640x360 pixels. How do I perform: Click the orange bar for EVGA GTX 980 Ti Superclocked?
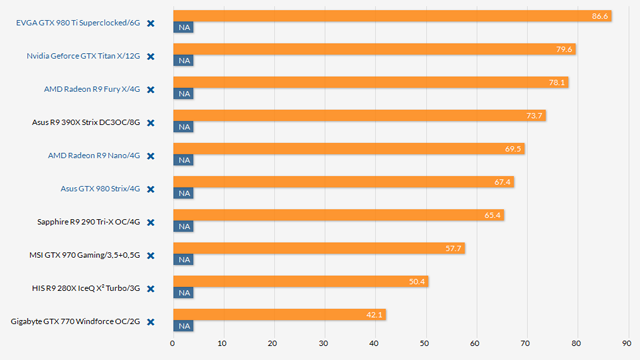pos(390,16)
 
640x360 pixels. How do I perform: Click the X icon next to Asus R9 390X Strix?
pos(150,123)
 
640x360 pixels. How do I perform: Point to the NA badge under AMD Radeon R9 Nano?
pos(183,160)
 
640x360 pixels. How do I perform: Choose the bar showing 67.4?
pos(340,182)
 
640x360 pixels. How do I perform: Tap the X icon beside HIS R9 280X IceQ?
pos(150,289)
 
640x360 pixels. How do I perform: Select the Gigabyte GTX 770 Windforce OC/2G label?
pos(75,322)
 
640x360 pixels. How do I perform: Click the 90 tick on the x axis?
pos(627,343)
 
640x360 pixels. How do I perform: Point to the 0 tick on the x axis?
pos(173,343)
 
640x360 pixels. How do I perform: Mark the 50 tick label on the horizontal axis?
pos(425,343)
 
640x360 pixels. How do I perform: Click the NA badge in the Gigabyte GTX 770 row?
pos(183,326)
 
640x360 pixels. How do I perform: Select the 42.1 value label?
pos(373,314)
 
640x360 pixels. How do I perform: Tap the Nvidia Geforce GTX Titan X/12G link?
pos(83,56)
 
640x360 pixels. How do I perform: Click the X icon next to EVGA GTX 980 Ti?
pos(150,23)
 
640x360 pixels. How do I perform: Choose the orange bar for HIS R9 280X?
pos(300,281)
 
